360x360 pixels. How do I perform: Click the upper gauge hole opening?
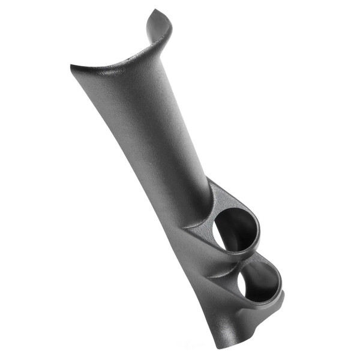236,230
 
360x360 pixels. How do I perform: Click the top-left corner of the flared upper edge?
73,67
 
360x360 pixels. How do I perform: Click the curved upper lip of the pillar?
120,57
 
